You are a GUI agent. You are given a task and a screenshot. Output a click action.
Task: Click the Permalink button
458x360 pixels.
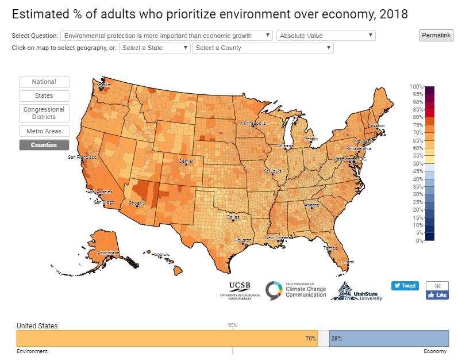point(436,36)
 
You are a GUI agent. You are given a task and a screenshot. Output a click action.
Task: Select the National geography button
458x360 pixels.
point(44,82)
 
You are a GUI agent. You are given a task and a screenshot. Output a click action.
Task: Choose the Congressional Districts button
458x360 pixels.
point(44,113)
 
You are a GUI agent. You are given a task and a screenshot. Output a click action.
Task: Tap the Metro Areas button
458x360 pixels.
point(44,131)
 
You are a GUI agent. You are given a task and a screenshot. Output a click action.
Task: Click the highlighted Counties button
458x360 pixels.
point(44,145)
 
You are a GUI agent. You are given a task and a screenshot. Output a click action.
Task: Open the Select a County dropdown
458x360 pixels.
point(263,48)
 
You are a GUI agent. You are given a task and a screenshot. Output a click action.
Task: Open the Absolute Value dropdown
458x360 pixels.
point(326,36)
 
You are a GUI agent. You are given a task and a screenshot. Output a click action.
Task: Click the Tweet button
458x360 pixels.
point(405,286)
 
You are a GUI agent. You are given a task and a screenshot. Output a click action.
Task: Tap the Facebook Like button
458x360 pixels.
point(437,295)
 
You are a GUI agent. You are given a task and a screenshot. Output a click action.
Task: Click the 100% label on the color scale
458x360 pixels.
point(417,86)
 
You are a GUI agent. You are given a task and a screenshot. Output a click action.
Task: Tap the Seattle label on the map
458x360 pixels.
point(103,85)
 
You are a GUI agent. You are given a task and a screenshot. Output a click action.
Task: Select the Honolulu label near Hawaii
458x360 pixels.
point(161,254)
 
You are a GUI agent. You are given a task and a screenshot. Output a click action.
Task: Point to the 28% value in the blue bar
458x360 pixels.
point(336,339)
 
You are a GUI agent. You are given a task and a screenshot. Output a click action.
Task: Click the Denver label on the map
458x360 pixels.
point(186,162)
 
